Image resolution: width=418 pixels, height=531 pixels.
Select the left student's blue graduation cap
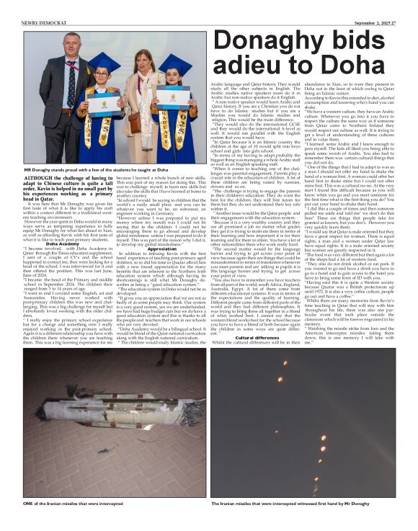pyautogui.click(x=106, y=61)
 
